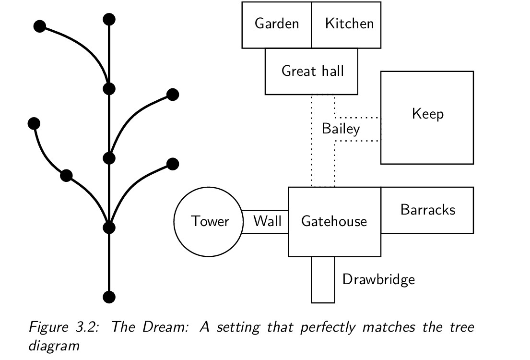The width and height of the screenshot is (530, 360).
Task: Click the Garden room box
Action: click(277, 24)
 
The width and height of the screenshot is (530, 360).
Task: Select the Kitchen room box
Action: click(349, 24)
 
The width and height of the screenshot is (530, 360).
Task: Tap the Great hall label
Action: click(312, 71)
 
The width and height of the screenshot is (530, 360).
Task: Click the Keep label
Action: click(427, 114)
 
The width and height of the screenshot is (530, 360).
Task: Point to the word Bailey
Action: click(341, 129)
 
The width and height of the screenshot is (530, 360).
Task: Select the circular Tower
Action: click(210, 221)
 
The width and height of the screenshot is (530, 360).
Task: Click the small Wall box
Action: click(267, 221)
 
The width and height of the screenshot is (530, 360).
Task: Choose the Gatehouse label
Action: click(334, 221)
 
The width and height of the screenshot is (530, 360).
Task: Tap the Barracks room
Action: click(427, 210)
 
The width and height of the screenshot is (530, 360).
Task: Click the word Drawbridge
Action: click(378, 279)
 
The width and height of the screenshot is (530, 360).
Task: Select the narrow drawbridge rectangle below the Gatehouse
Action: click(323, 279)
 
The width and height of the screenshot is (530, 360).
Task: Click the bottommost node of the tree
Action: click(109, 297)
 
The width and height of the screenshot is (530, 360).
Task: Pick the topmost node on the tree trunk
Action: click(109, 19)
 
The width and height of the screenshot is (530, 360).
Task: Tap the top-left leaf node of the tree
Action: click(40, 26)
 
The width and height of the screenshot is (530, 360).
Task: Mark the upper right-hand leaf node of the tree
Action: click(173, 95)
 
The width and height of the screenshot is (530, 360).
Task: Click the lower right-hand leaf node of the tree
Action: click(173, 164)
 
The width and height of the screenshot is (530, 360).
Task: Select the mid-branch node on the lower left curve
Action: click(66, 176)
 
